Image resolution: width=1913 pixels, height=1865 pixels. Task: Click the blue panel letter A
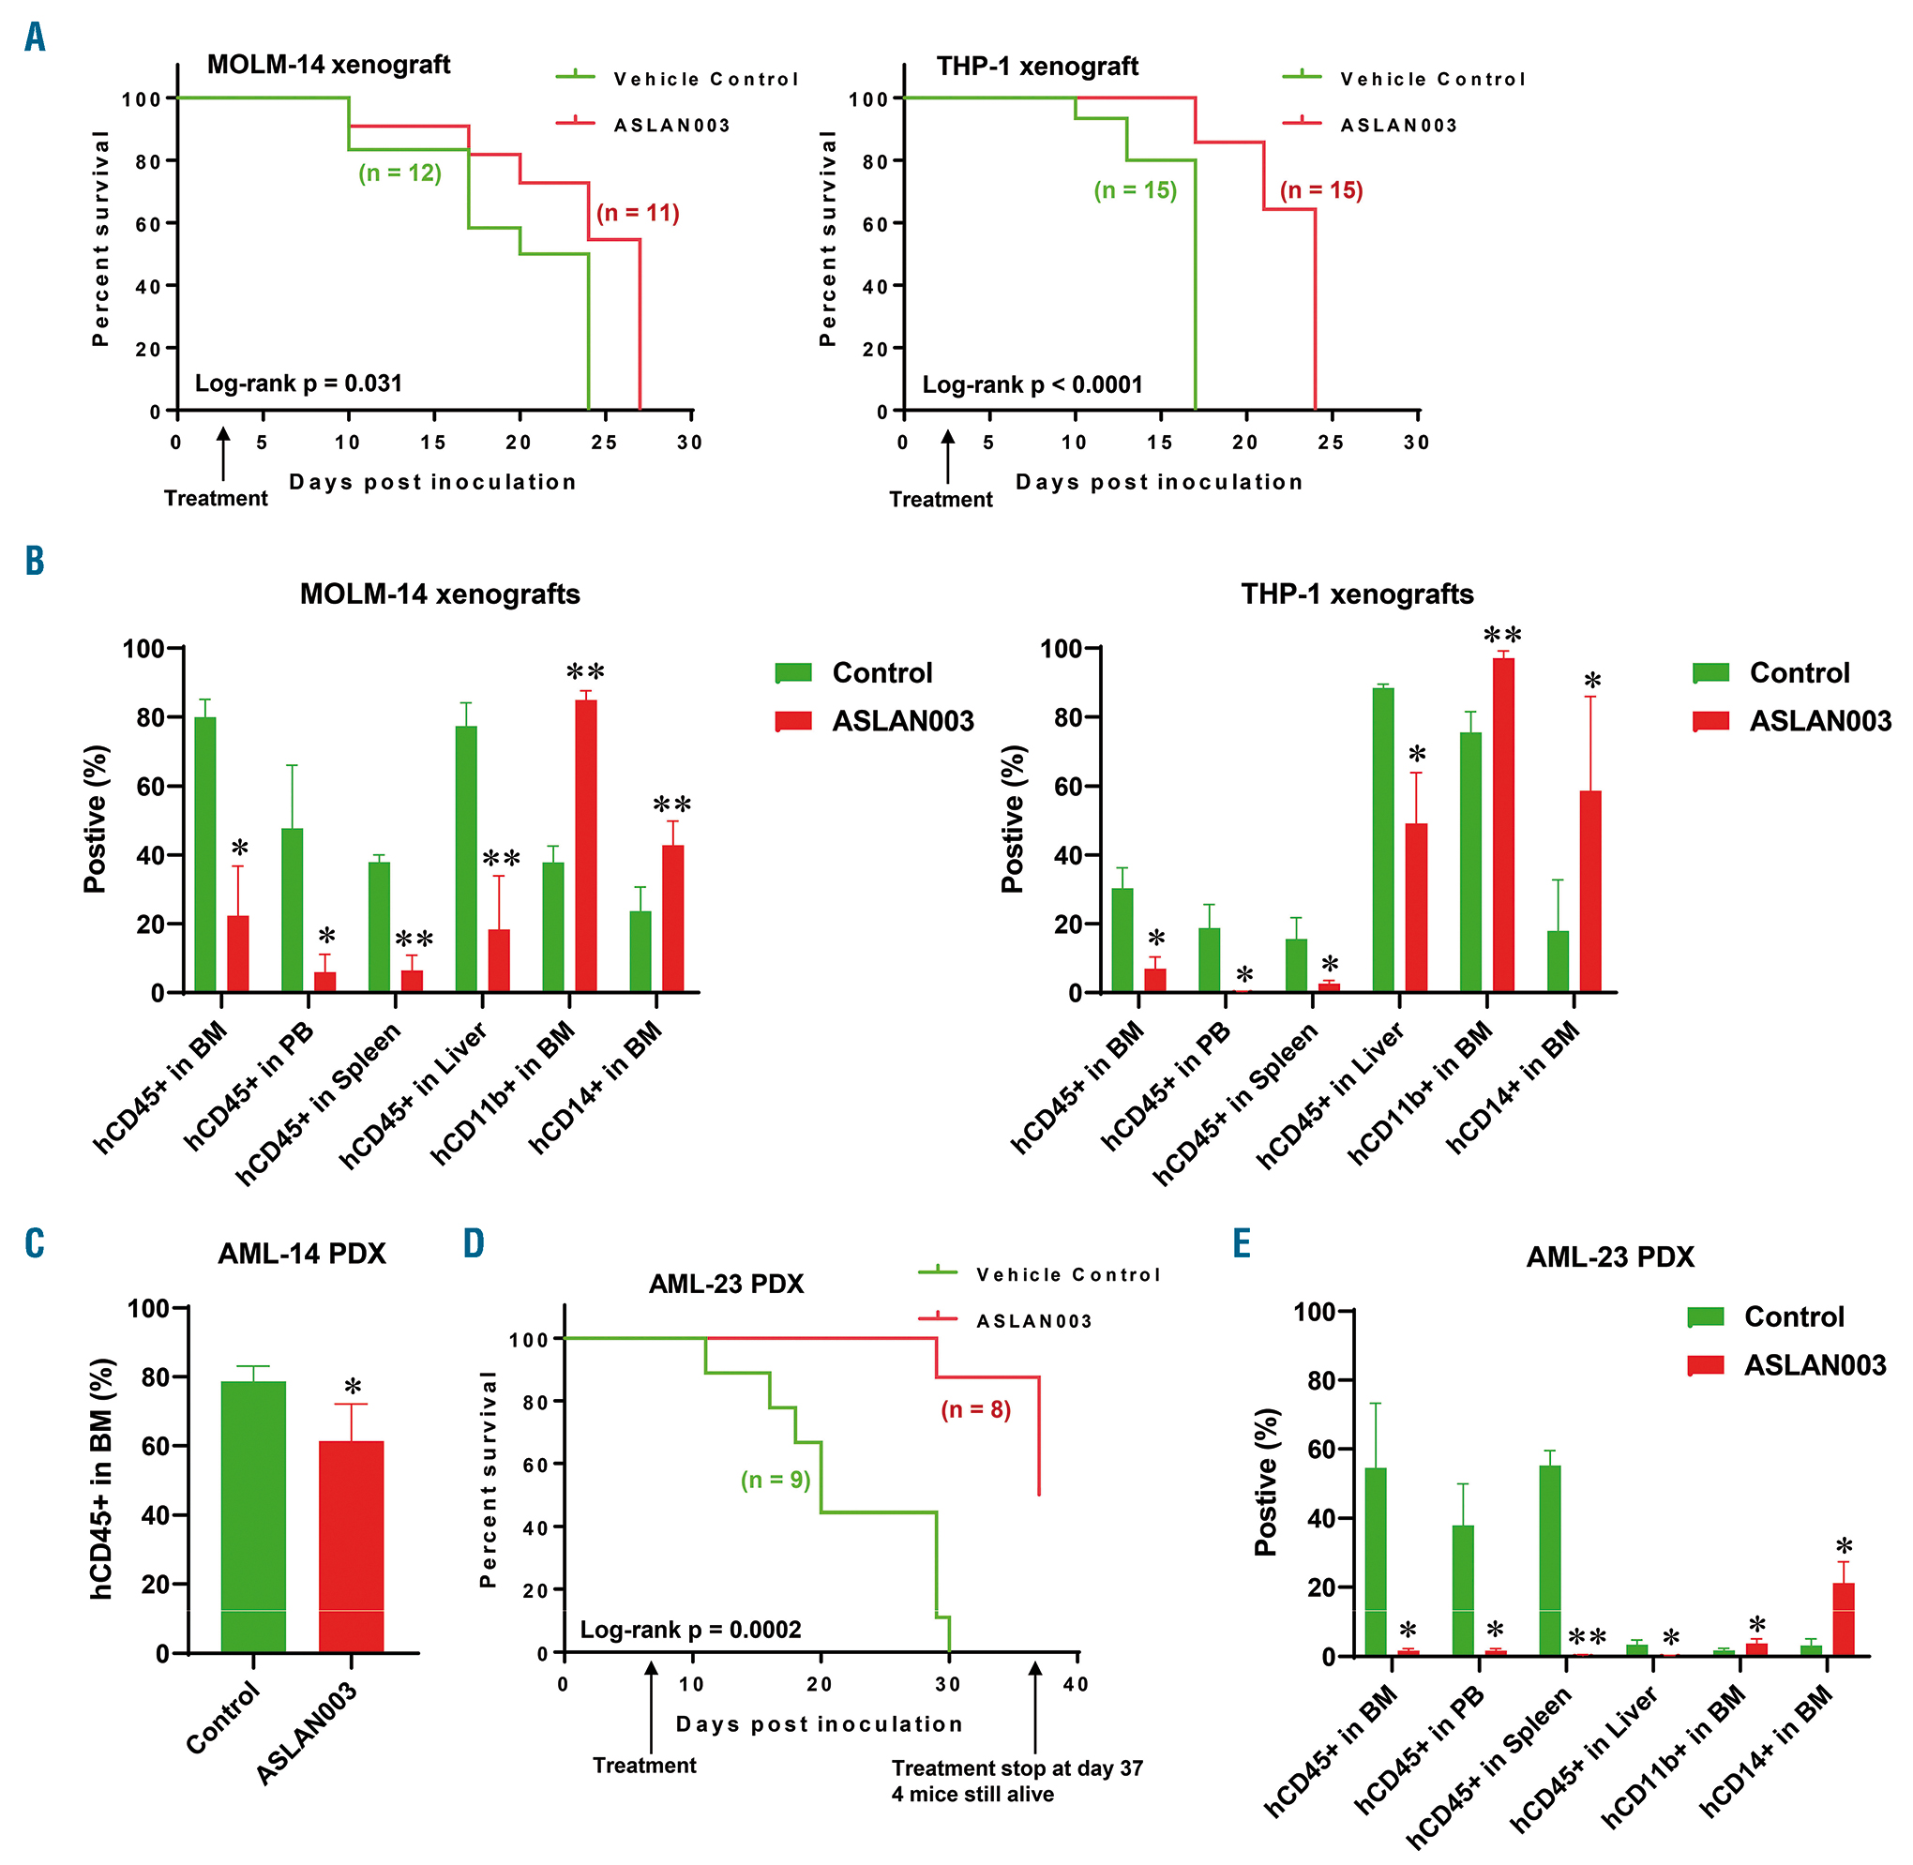tap(36, 38)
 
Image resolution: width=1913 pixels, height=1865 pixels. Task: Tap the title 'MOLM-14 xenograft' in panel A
tap(328, 66)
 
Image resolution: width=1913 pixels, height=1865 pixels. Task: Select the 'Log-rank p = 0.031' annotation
tap(298, 383)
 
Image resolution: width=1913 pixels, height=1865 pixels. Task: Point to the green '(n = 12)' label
tap(399, 173)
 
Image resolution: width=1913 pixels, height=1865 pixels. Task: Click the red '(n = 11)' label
tap(638, 213)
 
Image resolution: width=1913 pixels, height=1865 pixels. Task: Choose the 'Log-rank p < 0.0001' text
tap(1032, 384)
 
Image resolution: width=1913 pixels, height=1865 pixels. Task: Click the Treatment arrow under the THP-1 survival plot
tap(947, 455)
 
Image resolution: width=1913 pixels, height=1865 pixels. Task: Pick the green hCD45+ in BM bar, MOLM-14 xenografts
tap(204, 854)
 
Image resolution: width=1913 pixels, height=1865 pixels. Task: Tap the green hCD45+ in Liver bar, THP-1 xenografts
tap(1383, 839)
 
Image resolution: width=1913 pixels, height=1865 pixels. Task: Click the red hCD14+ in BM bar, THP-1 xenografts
tap(1589, 892)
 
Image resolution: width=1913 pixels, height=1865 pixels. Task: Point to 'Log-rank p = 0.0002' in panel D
tap(690, 1629)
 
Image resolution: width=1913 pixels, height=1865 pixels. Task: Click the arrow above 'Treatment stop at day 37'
tap(1035, 1706)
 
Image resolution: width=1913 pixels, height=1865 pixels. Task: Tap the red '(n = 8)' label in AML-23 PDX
tap(975, 1409)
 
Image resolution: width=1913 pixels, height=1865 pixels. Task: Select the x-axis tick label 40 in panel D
tap(1076, 1684)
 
